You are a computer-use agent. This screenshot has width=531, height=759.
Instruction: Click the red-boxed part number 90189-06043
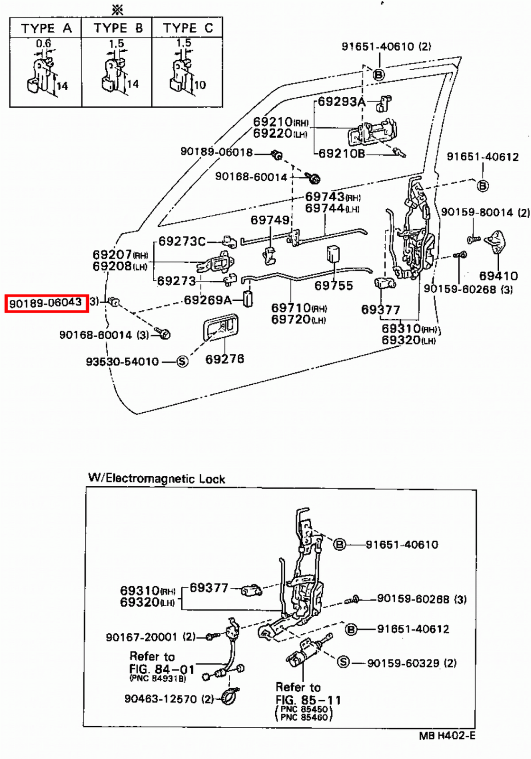pos(46,303)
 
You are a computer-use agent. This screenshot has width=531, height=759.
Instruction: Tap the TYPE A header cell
pos(46,28)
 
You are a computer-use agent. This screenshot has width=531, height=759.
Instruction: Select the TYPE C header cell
pos(187,28)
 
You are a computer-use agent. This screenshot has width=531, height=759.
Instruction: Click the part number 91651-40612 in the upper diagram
pos(483,157)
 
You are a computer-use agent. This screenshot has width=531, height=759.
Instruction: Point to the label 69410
pos(498,276)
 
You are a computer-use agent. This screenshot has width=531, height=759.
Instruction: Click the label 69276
pos(224,359)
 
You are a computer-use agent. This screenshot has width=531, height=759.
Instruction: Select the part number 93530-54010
pos(122,361)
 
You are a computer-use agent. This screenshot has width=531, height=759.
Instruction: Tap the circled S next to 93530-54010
pos(182,361)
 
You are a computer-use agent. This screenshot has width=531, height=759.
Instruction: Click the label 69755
pos(334,286)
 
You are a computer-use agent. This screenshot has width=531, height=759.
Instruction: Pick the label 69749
pos(270,220)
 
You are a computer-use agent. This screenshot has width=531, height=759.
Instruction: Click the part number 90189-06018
pos(216,152)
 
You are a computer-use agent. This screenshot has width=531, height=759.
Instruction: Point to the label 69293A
pos(341,102)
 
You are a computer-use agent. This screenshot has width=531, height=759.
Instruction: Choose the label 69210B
pos(342,153)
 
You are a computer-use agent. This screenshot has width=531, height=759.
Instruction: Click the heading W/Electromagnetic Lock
pos(157,478)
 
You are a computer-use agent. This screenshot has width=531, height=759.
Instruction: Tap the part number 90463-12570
pos(160,699)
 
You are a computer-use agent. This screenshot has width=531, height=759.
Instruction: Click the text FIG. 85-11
pos(308,700)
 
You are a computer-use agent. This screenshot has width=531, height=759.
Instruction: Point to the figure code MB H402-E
pos(447,736)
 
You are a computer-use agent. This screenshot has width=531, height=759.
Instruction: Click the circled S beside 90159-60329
pos(343,662)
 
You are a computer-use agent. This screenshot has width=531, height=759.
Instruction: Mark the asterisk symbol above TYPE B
pos(117,10)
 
